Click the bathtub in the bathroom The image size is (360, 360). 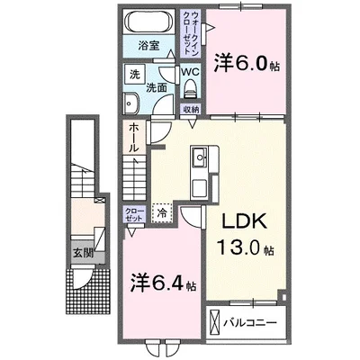(x=150, y=22)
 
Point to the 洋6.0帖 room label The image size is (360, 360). (x=244, y=64)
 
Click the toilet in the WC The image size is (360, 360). (x=190, y=88)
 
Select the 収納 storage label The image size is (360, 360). (x=191, y=109)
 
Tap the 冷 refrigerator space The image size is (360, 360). (x=162, y=213)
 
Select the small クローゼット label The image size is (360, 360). (x=132, y=214)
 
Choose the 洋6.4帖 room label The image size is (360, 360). (x=161, y=284)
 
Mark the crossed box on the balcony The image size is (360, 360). (x=213, y=321)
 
